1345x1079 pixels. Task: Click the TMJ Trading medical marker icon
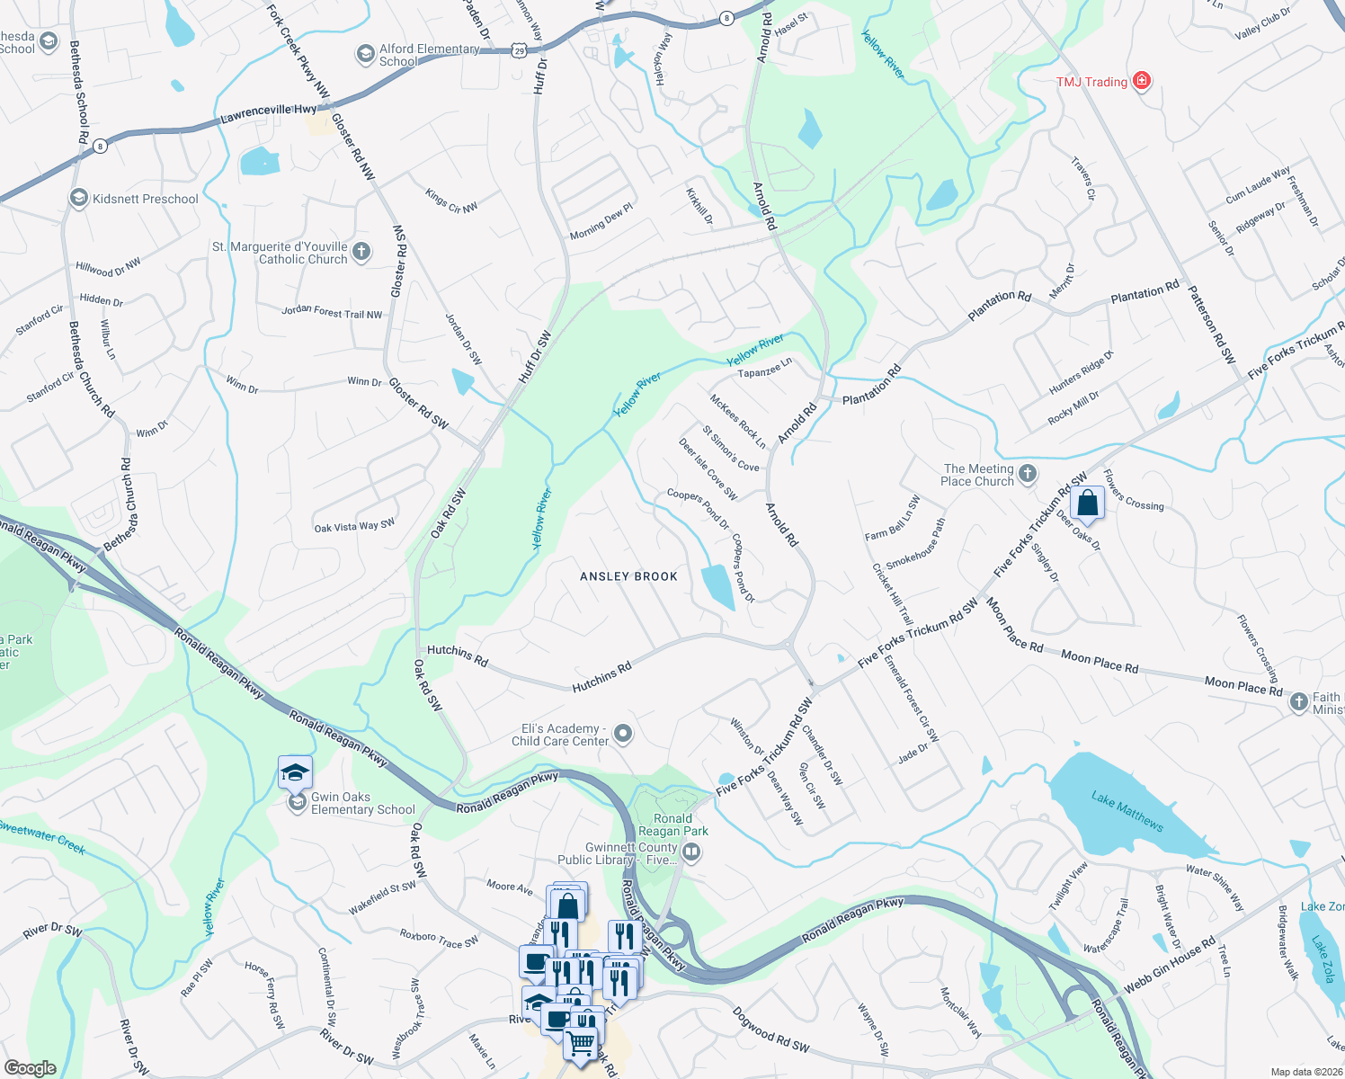tap(1142, 81)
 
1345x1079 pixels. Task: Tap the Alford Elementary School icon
tap(365, 55)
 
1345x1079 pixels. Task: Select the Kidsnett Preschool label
tap(145, 199)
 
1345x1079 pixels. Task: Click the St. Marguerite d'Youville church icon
tap(361, 252)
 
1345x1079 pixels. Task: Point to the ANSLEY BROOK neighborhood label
tap(628, 576)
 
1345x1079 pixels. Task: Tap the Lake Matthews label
tap(1127, 811)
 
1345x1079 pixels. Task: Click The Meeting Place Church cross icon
tap(1028, 473)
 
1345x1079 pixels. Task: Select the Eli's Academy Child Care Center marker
tap(622, 735)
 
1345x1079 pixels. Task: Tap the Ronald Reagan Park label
tap(672, 825)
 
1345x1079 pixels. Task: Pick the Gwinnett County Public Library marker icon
tap(691, 853)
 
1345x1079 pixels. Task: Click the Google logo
tap(30, 1068)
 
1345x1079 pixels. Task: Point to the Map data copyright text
tap(1305, 1072)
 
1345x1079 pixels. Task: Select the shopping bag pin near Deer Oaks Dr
tap(1087, 504)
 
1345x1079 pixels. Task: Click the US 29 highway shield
tap(519, 51)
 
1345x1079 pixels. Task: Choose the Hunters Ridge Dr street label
tap(1081, 371)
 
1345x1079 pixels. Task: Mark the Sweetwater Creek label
tap(43, 835)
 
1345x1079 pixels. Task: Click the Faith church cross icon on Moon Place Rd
tap(1298, 702)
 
